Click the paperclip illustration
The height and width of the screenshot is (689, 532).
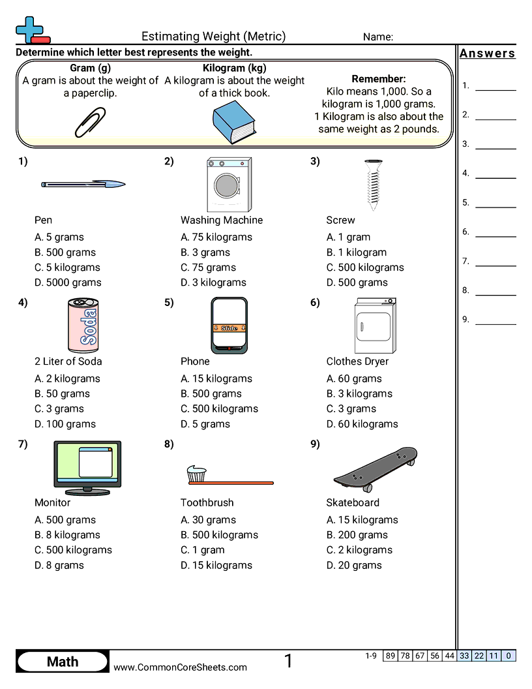coord(90,122)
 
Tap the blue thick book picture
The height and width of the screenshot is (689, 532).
coord(234,122)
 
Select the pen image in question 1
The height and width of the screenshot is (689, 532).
coord(83,185)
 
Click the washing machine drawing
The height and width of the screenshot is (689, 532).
coord(229,184)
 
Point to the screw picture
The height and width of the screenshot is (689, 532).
coord(373,184)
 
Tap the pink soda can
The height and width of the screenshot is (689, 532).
coord(83,325)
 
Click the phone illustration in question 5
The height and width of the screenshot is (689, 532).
coord(229,325)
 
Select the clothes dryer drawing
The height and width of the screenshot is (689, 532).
coord(375,326)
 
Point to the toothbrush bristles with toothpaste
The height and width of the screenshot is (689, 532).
coord(196,474)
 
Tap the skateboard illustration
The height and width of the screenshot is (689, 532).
coord(375,468)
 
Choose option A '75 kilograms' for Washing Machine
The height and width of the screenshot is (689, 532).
coord(216,237)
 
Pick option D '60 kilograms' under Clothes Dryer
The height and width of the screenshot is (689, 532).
coord(362,424)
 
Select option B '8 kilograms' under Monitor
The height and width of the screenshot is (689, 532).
coord(67,535)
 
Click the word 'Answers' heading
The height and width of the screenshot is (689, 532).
coord(488,54)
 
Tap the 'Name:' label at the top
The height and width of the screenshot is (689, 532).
coord(378,37)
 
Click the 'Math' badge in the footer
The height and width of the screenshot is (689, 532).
coord(63,662)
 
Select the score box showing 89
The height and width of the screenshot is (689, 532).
coord(391,656)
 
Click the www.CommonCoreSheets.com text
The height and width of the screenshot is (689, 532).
coord(181,667)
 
